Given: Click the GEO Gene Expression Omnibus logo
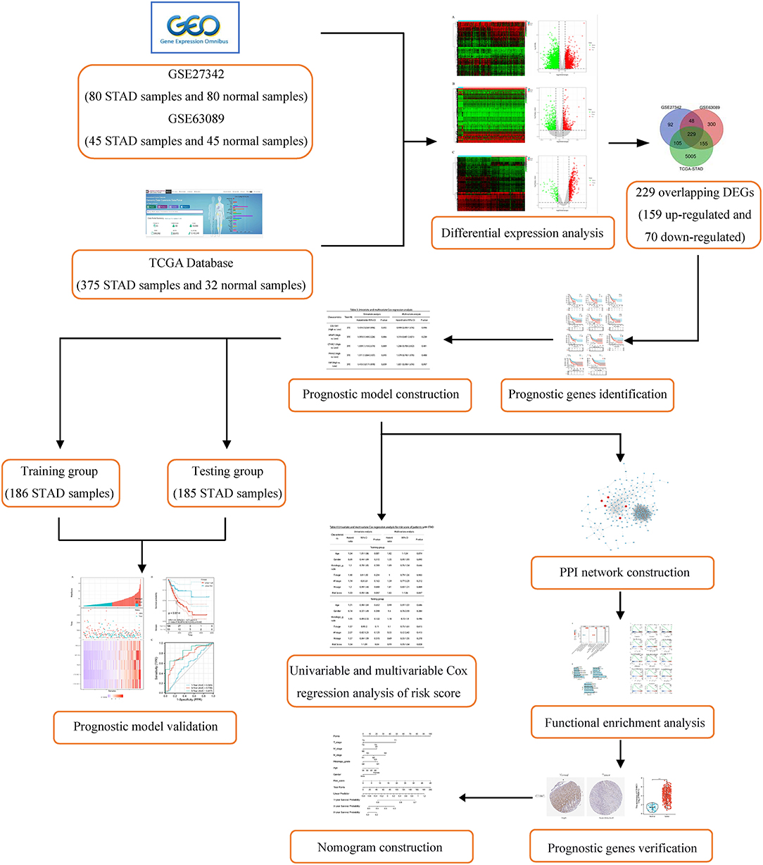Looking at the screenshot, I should pos(195,27).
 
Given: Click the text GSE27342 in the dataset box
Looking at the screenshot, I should pos(195,74).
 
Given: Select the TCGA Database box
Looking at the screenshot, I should pos(191,274).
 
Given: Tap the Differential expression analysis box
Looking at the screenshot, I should pos(522,232).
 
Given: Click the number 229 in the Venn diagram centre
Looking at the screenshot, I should pos(691,135).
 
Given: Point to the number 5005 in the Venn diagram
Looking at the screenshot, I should pos(691,156).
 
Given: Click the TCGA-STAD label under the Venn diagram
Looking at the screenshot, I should pos(692,169).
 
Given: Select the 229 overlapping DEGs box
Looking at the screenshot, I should pos(693,215).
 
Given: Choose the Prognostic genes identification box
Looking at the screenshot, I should pos(588,394).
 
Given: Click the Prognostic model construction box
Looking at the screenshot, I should pos(380,394).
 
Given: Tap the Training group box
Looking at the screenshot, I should pos(59,483).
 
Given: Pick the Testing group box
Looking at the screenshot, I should pos(227,483).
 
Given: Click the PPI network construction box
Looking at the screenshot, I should pos(624,572).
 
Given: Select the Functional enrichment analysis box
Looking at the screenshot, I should pos(624,723).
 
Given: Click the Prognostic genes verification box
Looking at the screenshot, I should pos(622,848).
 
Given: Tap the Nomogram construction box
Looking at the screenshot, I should pos(380,847).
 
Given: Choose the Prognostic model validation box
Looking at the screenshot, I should pos(145,726).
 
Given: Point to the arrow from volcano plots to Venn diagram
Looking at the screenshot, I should pos(629,143).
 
